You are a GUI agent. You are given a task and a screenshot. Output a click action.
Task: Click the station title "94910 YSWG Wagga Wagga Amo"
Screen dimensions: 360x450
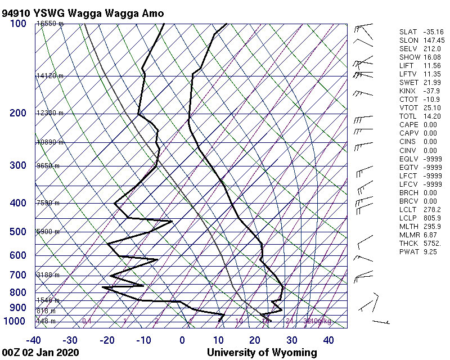tap(83, 12)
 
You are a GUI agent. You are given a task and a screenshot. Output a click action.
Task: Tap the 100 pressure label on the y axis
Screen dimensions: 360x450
tap(18, 24)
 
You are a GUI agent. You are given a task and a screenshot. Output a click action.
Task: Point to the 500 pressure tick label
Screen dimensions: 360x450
tap(18, 232)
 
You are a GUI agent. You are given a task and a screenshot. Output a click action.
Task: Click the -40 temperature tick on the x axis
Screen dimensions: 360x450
tap(33, 340)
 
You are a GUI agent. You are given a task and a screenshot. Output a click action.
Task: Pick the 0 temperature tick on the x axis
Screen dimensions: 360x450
tap(182, 340)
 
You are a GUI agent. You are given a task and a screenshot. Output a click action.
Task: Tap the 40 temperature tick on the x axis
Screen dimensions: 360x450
tap(329, 340)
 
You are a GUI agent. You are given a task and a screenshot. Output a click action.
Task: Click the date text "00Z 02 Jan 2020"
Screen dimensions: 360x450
tap(40, 353)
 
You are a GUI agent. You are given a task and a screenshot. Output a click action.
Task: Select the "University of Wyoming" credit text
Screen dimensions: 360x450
tap(262, 353)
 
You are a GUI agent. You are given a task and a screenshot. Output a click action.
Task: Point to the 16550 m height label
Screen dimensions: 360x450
tap(49, 24)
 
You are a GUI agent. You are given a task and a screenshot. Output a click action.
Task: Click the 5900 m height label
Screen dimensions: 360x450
tap(48, 232)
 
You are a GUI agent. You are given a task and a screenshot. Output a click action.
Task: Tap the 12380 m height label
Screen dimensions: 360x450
tap(49, 113)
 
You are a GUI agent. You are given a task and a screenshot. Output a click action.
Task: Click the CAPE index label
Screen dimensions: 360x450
tap(408, 125)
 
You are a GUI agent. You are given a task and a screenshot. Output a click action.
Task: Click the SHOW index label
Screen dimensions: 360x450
tap(409, 57)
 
